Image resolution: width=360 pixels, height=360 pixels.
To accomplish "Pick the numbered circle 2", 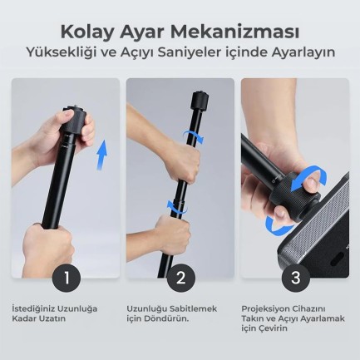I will click(180, 276).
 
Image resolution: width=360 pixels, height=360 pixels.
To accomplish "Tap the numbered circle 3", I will click(294, 276).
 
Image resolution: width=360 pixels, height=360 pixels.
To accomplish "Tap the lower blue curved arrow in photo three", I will click(279, 222).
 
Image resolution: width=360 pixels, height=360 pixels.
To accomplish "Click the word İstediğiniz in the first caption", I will click(34, 308).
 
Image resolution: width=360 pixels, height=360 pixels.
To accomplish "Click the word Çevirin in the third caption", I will click(270, 328).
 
